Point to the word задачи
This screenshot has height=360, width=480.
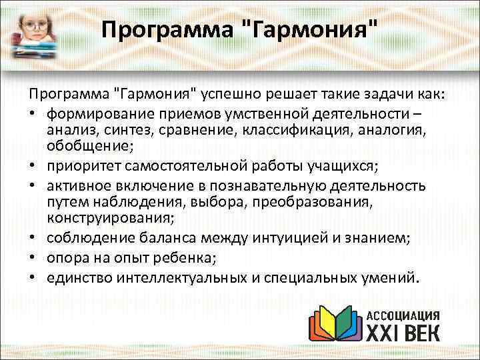point(377,91)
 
